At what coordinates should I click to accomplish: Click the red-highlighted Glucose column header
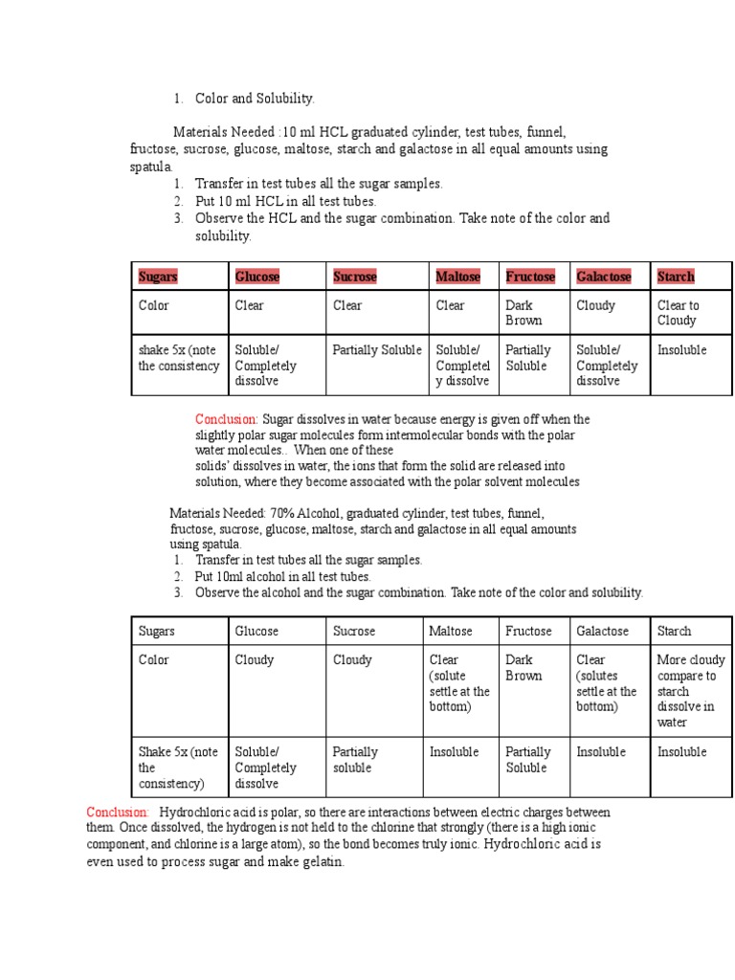tap(257, 277)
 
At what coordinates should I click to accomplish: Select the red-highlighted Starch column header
tap(676, 277)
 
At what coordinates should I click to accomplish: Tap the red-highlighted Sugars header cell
tap(158, 277)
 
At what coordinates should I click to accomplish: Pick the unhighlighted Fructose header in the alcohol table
tap(528, 631)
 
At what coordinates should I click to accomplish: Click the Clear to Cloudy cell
tap(678, 313)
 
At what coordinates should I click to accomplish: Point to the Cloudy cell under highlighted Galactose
tap(595, 305)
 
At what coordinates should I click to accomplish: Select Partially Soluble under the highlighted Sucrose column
tap(377, 350)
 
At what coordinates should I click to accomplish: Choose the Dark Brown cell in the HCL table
tap(523, 313)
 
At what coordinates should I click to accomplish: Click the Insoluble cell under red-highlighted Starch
tap(681, 350)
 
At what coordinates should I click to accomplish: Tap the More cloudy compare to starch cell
tap(690, 690)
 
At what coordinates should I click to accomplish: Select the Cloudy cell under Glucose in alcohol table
tap(255, 659)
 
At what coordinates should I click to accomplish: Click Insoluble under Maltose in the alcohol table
tap(454, 752)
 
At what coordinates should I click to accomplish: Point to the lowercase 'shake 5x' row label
tap(178, 358)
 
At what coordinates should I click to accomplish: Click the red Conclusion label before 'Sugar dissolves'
tap(227, 419)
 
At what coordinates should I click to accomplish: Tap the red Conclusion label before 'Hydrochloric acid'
tap(118, 812)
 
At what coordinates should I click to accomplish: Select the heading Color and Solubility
tap(255, 99)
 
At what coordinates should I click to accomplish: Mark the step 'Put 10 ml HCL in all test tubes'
tap(285, 201)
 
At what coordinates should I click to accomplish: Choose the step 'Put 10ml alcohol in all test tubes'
tap(282, 576)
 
